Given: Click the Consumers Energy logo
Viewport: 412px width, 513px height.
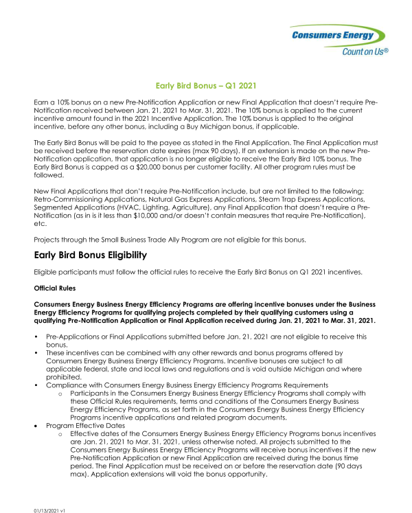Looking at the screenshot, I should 336,35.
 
